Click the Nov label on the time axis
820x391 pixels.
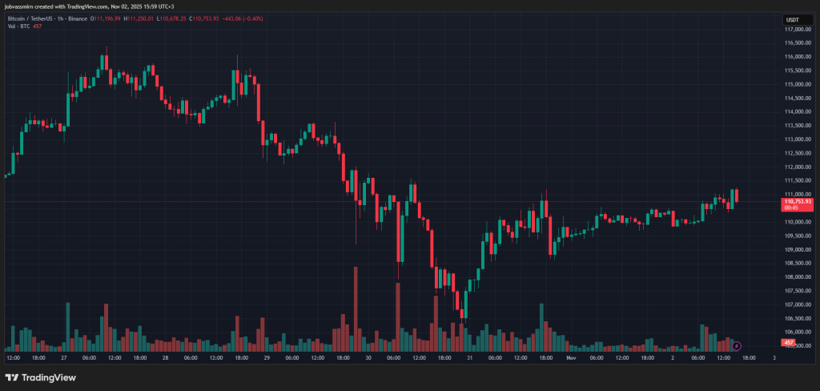coord(570,357)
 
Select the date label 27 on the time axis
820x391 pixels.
coord(63,357)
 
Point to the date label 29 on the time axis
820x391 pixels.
coord(267,357)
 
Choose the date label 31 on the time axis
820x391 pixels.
coord(469,357)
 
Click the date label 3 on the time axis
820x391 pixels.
coord(774,357)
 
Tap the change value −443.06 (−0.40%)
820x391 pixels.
coord(241,18)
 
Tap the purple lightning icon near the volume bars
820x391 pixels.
coord(737,346)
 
